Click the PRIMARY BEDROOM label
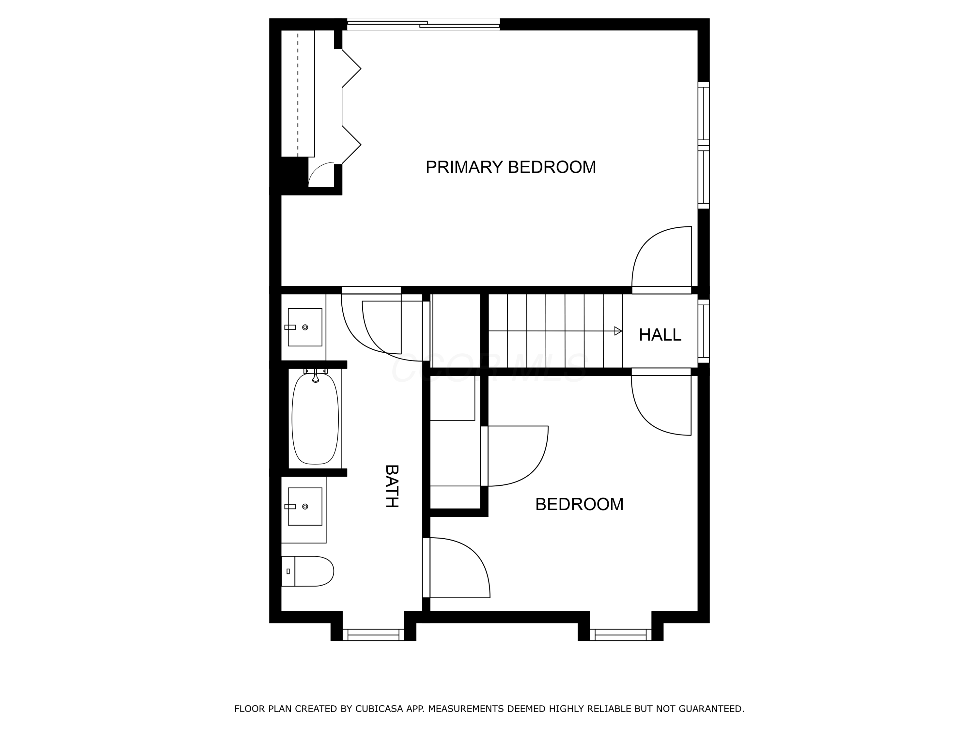(510, 167)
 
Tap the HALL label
(660, 335)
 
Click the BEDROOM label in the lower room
(579, 504)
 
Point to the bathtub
(315, 419)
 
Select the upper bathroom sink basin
(304, 328)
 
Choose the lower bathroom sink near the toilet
(304, 507)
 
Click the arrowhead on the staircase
(618, 331)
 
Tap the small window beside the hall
(703, 331)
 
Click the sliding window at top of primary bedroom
(423, 24)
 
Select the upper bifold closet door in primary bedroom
(351, 69)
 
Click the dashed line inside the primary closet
(298, 93)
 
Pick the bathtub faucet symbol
(316, 376)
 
